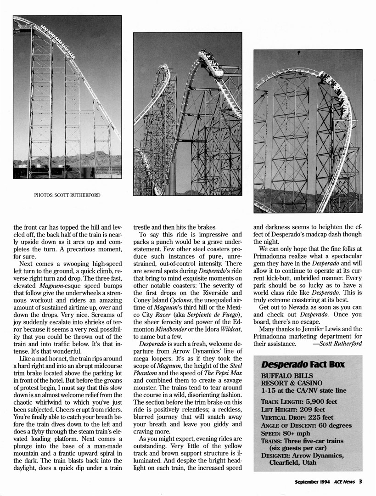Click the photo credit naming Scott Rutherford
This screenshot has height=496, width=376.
[67, 195]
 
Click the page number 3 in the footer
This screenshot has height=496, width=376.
[361, 481]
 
